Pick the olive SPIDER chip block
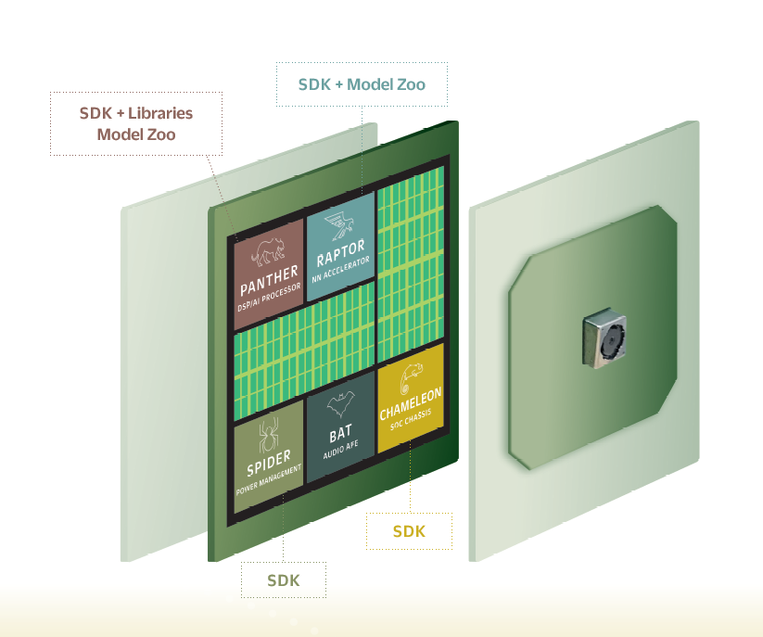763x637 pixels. coord(268,454)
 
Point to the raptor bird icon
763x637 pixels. coord(339,223)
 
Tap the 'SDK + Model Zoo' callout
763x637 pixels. coord(362,84)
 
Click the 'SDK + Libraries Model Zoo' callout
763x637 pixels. coord(136,123)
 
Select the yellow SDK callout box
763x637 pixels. coord(409,531)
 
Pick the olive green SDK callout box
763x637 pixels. coord(283,581)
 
